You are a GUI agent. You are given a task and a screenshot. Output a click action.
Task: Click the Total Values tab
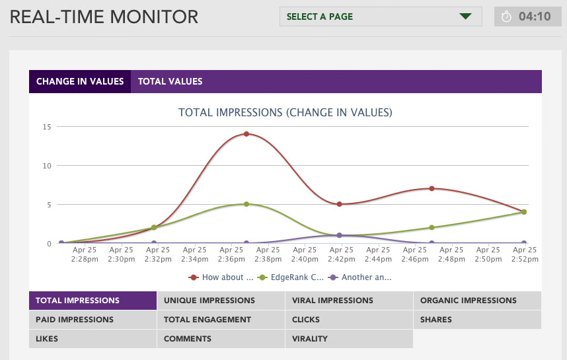pyautogui.click(x=170, y=82)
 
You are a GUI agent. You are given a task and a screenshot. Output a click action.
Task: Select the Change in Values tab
pyautogui.click(x=80, y=82)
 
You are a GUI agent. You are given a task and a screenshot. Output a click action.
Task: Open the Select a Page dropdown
pyautogui.click(x=381, y=17)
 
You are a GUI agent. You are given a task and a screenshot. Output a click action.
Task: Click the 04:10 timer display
pyautogui.click(x=527, y=17)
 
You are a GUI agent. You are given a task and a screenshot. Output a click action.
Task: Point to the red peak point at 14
pyautogui.click(x=246, y=134)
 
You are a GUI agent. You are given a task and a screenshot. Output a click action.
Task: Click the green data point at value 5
pyautogui.click(x=246, y=204)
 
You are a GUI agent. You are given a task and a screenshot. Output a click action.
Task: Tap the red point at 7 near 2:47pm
pyautogui.click(x=432, y=188)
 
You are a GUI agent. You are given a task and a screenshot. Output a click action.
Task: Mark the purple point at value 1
pyautogui.click(x=339, y=235)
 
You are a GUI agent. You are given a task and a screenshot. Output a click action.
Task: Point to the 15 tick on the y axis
pyautogui.click(x=46, y=126)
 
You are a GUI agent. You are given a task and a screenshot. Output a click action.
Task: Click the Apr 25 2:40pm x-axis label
pyautogui.click(x=305, y=255)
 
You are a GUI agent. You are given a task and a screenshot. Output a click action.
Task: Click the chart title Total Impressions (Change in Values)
pyautogui.click(x=285, y=112)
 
